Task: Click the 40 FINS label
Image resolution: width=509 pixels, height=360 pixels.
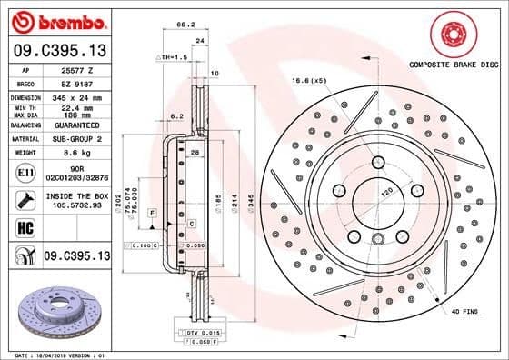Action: (466, 312)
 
